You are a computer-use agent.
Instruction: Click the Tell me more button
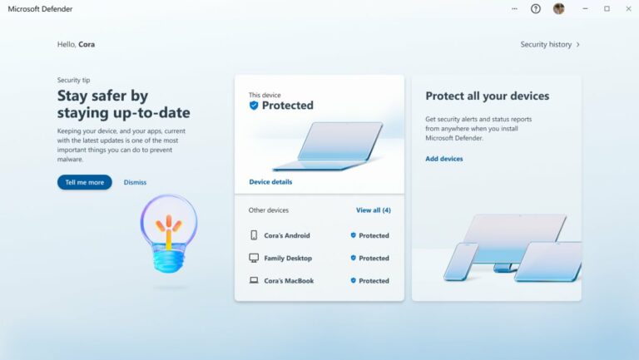[84, 182]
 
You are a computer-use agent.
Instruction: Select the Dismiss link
[135, 182]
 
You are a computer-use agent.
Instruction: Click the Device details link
[270, 181]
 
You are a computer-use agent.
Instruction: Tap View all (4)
[373, 210]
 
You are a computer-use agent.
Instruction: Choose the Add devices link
[444, 159]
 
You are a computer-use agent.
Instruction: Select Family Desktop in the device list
[288, 258]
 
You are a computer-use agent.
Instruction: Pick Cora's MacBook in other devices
[289, 281]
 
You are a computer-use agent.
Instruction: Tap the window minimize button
[583, 9]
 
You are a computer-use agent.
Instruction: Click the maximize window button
[607, 9]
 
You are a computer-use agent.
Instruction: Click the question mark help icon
[536, 9]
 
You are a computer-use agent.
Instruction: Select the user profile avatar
[558, 9]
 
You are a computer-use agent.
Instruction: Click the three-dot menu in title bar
[515, 9]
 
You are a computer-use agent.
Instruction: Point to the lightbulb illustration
[169, 233]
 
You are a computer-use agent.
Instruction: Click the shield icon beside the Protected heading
[254, 106]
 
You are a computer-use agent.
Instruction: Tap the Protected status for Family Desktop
[369, 258]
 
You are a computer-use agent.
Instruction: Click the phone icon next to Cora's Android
[254, 235]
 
